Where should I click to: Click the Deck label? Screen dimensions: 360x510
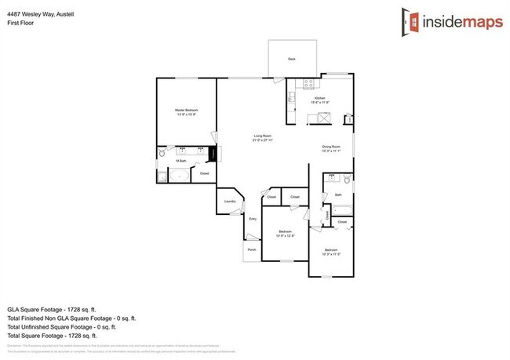click(291, 59)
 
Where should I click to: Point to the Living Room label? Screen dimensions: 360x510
click(262, 138)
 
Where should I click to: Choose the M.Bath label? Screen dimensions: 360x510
click(180, 161)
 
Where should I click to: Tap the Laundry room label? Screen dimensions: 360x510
click(230, 202)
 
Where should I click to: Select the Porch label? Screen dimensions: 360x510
click(252, 250)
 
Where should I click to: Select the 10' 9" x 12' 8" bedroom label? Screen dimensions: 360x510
click(286, 233)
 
